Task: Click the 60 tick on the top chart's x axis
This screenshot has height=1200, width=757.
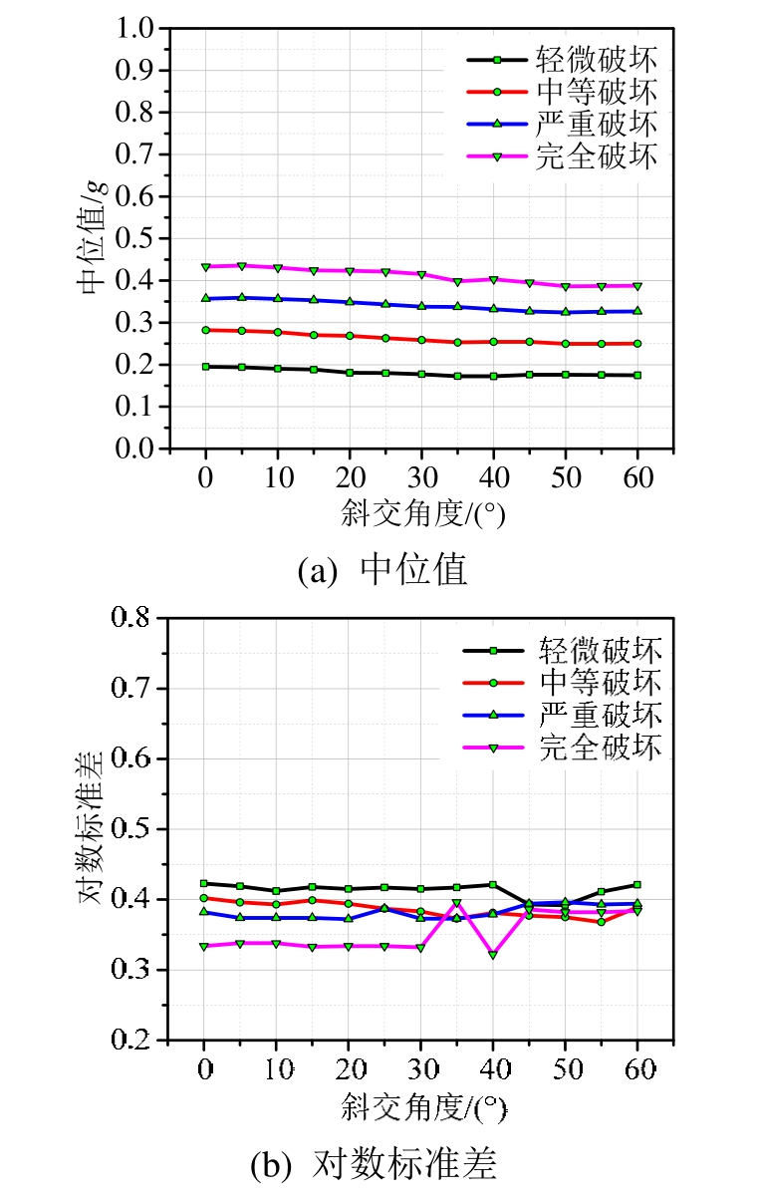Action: click(637, 476)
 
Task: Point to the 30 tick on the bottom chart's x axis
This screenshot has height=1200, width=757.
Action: click(420, 1068)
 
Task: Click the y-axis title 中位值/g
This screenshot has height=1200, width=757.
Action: click(92, 238)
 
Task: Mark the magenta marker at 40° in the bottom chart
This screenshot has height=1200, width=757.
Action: click(493, 955)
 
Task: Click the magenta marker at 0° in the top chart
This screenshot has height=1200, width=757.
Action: click(205, 267)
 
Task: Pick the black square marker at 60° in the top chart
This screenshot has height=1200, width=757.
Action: click(637, 375)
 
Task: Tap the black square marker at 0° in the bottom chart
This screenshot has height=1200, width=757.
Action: click(204, 883)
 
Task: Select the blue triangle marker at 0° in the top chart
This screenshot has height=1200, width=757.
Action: click(205, 298)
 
